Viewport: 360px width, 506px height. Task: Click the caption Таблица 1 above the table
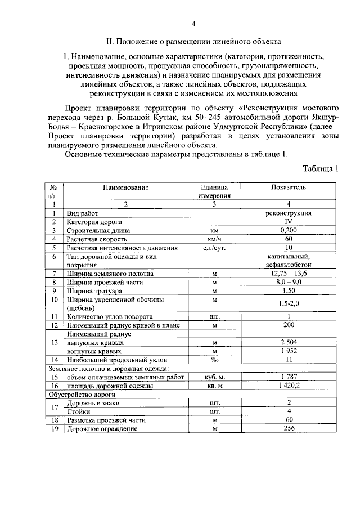[321, 168]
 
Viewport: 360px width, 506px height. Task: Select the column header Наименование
[126, 187]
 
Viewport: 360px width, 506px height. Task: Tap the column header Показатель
[289, 187]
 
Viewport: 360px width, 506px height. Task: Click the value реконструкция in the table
[289, 213]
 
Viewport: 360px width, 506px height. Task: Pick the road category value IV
[289, 222]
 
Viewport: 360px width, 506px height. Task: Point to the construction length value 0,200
[289, 230]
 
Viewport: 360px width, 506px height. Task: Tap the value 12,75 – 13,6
[289, 274]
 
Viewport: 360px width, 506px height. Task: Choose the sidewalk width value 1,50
[289, 290]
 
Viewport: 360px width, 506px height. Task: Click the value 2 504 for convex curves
[289, 342]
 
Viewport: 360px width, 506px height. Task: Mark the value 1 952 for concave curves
[289, 351]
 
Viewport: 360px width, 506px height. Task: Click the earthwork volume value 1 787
[289, 377]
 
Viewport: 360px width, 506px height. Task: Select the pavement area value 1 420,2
[289, 386]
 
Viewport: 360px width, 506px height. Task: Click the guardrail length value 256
[289, 429]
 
